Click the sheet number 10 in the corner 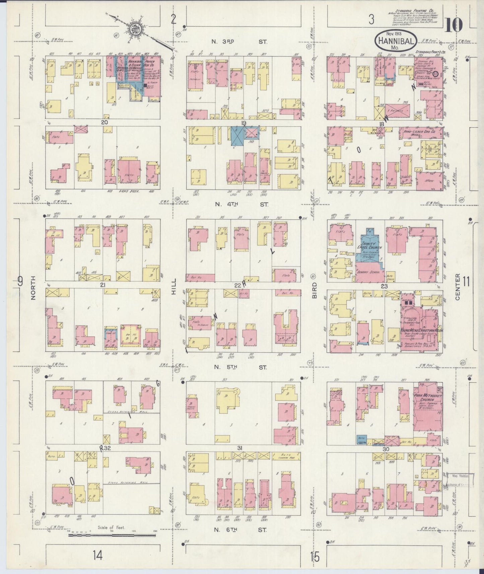(454, 24)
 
